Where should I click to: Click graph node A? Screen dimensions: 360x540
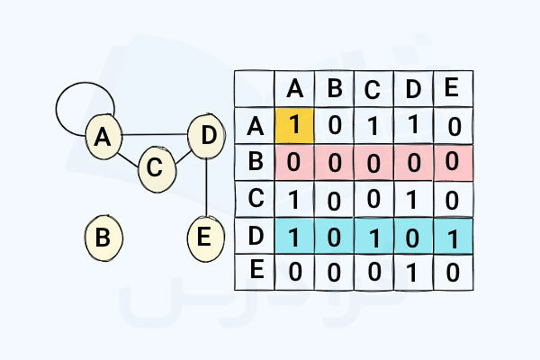[103, 137]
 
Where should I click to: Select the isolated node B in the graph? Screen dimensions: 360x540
[103, 238]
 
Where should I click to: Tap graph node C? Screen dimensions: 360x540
[155, 167]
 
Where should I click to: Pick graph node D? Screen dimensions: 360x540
[208, 137]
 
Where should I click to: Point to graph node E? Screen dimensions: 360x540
[204, 238]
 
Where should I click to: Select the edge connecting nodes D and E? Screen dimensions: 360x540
[208, 187]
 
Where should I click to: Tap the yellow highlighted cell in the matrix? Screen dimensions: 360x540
[294, 125]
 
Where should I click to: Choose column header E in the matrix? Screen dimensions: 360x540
[453, 88]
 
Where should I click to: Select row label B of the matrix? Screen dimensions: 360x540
[256, 162]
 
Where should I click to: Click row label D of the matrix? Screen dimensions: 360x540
[256, 235]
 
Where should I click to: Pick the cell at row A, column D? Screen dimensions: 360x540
[413, 125]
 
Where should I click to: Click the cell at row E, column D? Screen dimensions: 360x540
[413, 272]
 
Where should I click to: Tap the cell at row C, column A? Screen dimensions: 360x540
[294, 199]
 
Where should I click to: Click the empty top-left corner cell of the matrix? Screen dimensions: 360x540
[255, 88]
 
